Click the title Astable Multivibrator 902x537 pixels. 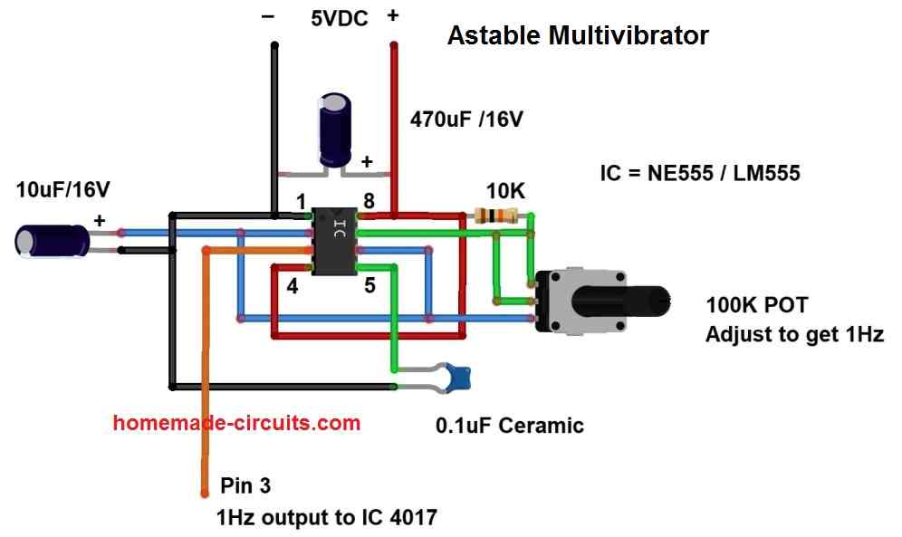(x=578, y=36)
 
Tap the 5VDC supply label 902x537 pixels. (x=340, y=17)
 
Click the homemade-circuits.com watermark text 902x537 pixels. (x=237, y=422)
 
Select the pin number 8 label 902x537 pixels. (x=369, y=201)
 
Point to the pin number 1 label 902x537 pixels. (x=301, y=202)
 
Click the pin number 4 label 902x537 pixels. (x=292, y=287)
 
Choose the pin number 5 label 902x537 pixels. (x=369, y=287)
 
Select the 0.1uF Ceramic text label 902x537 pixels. (x=510, y=425)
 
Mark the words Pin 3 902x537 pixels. (x=245, y=485)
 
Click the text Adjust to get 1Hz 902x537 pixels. (x=794, y=334)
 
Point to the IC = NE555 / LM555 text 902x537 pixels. (x=700, y=172)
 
